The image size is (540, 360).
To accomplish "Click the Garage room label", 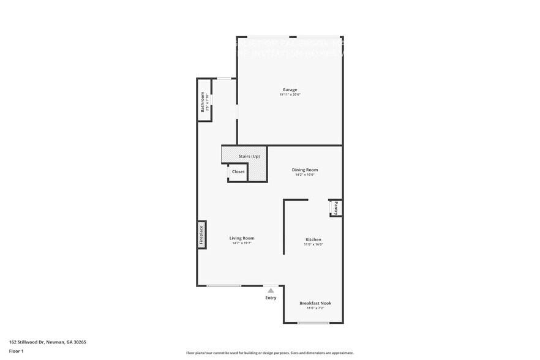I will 290,89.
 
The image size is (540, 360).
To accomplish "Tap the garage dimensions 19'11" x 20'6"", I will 290,94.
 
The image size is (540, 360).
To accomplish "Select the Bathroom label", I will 203,102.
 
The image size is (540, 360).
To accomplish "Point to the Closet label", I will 238,172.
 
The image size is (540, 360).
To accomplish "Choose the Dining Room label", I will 304,170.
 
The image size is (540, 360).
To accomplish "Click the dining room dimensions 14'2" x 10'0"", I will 304,175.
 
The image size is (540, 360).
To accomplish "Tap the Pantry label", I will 336,208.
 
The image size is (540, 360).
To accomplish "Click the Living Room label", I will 242,238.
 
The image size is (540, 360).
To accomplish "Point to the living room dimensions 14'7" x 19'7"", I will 242,244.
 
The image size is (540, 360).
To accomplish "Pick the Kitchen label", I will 313,239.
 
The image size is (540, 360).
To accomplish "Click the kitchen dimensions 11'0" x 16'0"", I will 313,244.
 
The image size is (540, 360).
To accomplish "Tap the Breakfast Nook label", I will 315,303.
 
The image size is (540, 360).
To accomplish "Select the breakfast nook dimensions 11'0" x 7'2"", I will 315,308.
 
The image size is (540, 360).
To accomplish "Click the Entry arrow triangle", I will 271,290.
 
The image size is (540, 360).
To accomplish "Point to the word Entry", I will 271,298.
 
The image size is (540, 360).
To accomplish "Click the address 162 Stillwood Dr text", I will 47,342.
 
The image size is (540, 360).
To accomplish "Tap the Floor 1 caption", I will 16,351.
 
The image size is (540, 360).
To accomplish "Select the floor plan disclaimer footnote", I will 270,353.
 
